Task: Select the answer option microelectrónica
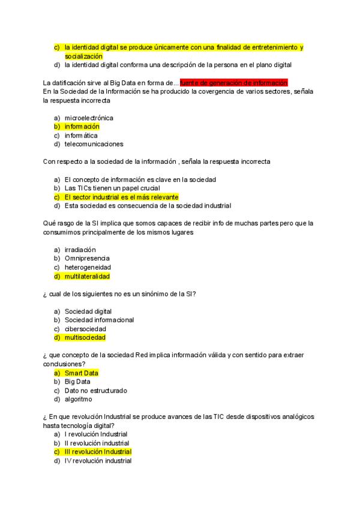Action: [89, 118]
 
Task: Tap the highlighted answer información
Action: [82, 127]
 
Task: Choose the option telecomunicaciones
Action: [94, 144]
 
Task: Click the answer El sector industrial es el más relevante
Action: [121, 197]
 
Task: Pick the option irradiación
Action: [80, 250]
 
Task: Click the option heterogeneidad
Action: [88, 267]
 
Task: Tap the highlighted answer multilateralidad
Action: [88, 276]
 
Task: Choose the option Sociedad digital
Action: [88, 312]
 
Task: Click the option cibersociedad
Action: [85, 329]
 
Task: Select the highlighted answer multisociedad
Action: [85, 338]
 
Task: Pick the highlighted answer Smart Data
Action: [82, 373]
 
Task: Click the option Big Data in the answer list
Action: [77, 382]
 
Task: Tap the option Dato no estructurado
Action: [96, 391]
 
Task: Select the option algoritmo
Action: [79, 399]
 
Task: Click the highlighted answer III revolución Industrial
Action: [98, 452]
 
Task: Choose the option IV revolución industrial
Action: [98, 461]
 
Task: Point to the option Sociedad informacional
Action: [99, 320]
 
